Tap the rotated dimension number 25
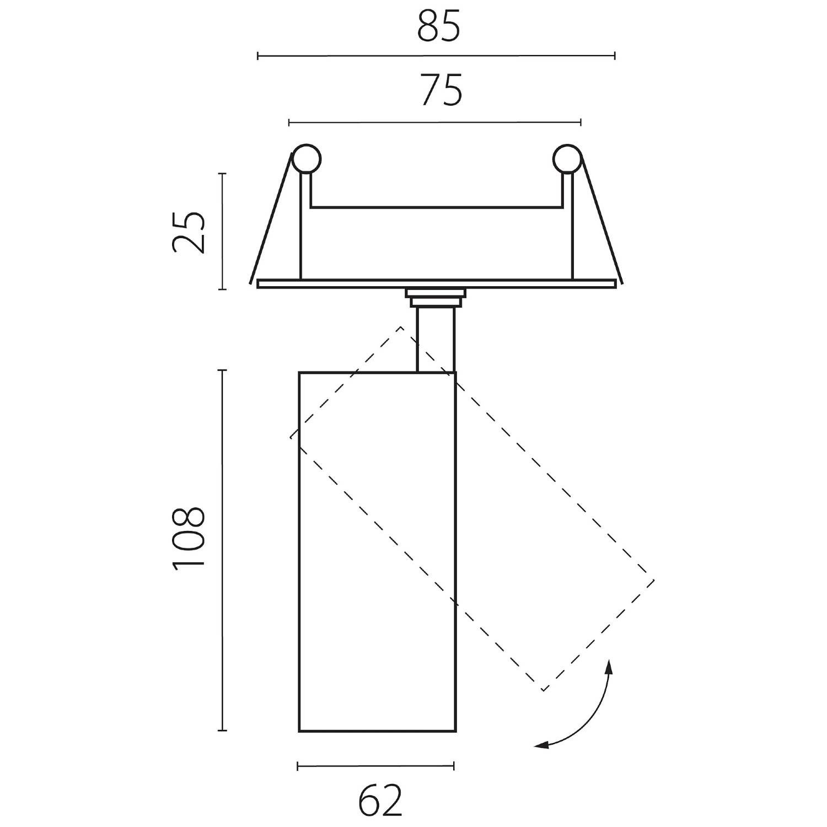[189, 232]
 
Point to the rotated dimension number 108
[189, 538]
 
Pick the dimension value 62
[380, 801]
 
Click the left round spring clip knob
[307, 159]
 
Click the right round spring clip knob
[567, 159]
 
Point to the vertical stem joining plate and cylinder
[436, 339]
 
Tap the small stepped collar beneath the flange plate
[436, 297]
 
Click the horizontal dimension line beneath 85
[436, 56]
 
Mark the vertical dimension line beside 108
[222, 551]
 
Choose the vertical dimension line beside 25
[222, 232]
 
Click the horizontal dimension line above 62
[375, 765]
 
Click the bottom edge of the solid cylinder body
[378, 731]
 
